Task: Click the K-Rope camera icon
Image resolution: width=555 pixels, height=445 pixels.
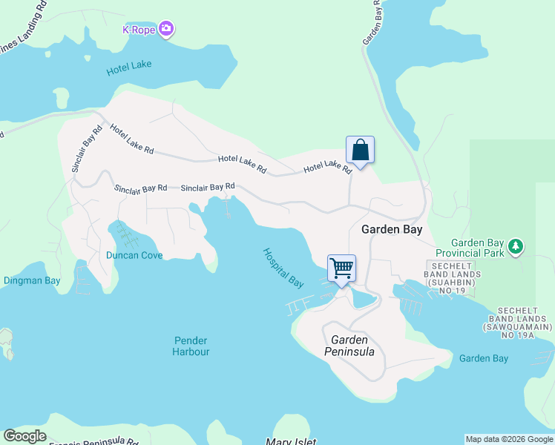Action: click(166, 29)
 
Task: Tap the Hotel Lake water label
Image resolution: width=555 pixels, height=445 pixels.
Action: click(129, 65)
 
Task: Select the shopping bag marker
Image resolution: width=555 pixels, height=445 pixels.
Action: click(360, 151)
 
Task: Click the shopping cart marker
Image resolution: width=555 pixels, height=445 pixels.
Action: click(341, 268)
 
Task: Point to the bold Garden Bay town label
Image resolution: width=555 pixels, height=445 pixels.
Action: click(392, 229)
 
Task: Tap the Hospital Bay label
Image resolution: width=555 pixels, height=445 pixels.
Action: click(283, 267)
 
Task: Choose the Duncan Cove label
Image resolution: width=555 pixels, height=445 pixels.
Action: click(134, 255)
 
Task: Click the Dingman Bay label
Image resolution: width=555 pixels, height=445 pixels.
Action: click(32, 280)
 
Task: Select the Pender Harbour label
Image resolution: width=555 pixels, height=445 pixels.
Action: click(191, 346)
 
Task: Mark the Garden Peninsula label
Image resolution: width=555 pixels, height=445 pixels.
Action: click(349, 345)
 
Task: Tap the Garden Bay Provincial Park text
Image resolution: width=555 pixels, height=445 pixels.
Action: click(479, 248)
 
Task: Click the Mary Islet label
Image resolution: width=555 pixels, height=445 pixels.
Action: click(291, 442)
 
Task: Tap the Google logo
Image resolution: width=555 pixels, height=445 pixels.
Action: click(24, 436)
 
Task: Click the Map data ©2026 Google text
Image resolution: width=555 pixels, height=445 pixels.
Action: click(509, 439)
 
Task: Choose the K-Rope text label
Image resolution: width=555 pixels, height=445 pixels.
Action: click(137, 30)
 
